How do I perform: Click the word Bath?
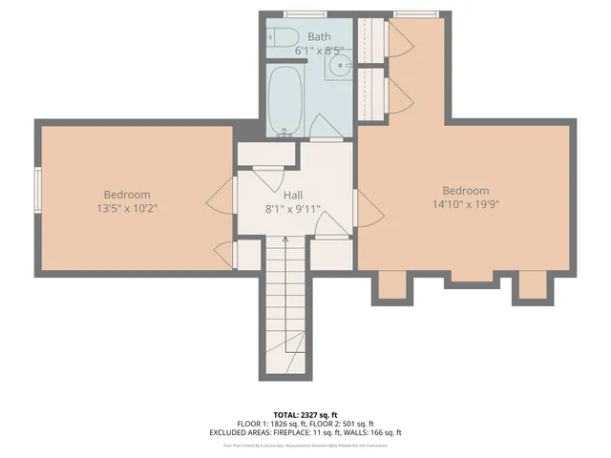pos(320,36)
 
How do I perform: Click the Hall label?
pos(293,194)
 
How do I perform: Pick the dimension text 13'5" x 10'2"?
pos(126,207)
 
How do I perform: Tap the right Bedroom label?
pos(466,190)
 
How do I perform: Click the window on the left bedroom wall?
pos(37,190)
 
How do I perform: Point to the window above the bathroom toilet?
pos(284,14)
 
